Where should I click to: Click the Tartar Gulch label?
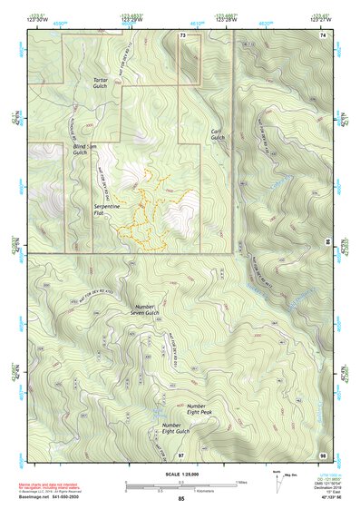tap(100, 83)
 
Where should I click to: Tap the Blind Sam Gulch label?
tap(86, 150)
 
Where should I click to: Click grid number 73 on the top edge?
tap(183, 34)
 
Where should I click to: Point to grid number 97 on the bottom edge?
tap(181, 454)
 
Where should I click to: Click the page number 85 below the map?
tap(181, 499)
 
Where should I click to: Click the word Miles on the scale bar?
tap(240, 483)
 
